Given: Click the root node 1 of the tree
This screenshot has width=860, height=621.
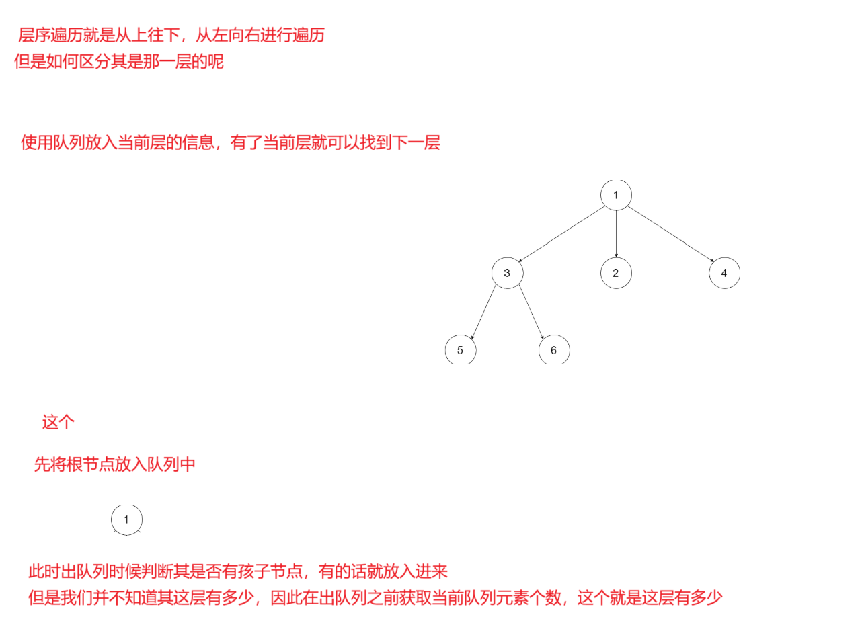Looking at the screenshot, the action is click(616, 195).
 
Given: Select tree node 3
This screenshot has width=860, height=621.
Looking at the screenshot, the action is click(507, 273).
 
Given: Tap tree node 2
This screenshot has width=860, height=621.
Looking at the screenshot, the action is click(616, 273).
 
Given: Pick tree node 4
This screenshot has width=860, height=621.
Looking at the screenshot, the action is click(724, 273).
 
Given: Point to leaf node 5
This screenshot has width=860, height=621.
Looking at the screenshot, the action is click(461, 350).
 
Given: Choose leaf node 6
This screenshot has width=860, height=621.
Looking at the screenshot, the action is click(554, 350).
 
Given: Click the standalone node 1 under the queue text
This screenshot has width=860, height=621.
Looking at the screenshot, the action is click(126, 519).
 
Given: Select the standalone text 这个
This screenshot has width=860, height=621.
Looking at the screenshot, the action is click(58, 423).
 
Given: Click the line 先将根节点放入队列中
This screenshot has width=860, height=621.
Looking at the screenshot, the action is click(114, 464).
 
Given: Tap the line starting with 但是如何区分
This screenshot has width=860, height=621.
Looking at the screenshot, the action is click(118, 63).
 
